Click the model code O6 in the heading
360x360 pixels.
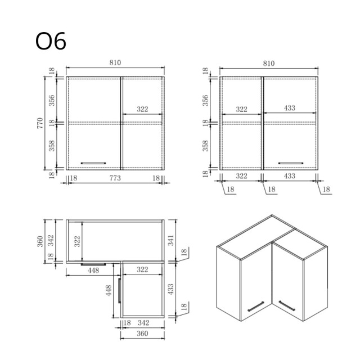pos(51,42)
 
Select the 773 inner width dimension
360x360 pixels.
pos(114,178)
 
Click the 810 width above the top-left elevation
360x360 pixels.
pos(114,63)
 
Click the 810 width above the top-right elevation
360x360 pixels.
pos(268,63)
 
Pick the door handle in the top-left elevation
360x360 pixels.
pos(93,163)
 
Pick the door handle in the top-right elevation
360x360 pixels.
pos(290,163)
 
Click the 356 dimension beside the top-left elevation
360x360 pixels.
pos(51,100)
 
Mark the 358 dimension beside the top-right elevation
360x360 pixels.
pos(205,145)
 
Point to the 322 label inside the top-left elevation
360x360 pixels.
pos(142,109)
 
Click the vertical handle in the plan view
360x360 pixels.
pos(120,290)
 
